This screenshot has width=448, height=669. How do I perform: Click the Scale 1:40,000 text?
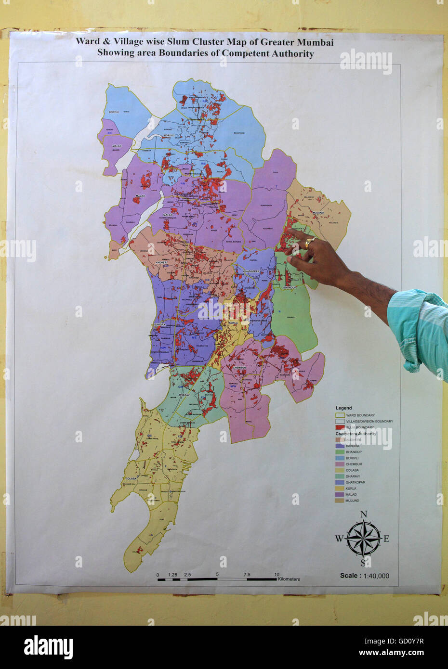(364, 576)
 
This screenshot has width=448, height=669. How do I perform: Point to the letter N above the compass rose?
(364, 515)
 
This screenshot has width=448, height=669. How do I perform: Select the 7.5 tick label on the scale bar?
(247, 575)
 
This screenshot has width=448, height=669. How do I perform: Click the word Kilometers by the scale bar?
(289, 579)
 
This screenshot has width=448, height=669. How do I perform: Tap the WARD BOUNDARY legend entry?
(360, 415)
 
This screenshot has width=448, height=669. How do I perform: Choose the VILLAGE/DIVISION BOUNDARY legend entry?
(369, 421)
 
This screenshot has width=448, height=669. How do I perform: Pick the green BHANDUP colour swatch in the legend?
(340, 452)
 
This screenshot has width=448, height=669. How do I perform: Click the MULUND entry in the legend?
(353, 501)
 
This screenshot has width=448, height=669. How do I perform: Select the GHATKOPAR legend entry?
(356, 482)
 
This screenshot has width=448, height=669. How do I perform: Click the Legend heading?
(343, 408)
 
